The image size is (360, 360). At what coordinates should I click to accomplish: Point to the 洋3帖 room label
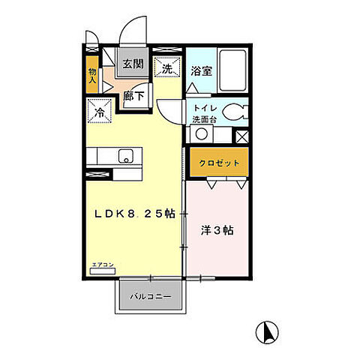point(217,231)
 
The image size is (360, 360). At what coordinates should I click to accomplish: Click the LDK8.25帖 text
point(135,214)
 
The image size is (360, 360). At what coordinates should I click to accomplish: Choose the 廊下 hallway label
point(135,95)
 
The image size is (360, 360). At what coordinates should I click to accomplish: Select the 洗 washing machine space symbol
point(166,68)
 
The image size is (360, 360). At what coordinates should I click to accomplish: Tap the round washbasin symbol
point(201,134)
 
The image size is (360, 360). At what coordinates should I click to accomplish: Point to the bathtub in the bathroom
point(232,70)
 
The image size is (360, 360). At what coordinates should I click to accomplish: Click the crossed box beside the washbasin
point(241,136)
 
